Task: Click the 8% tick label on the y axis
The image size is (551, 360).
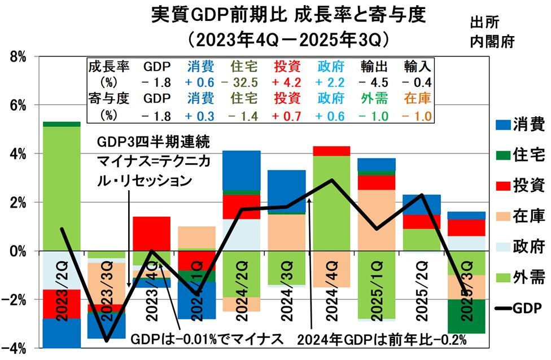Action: pyautogui.click(x=18, y=57)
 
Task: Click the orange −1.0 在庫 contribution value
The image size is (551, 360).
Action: pyautogui.click(x=418, y=117)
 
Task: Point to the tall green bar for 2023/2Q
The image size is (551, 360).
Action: pyautogui.click(x=62, y=186)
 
